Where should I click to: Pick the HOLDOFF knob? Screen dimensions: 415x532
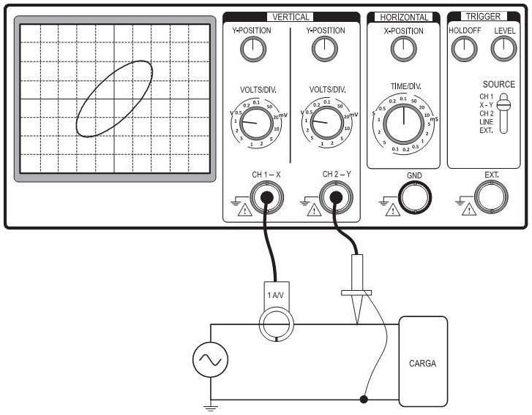click(x=462, y=48)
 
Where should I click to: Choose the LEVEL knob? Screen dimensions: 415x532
click(x=503, y=48)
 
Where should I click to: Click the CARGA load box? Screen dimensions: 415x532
click(x=423, y=362)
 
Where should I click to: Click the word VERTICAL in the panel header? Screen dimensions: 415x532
click(x=291, y=17)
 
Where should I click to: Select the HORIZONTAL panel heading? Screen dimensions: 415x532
click(x=403, y=17)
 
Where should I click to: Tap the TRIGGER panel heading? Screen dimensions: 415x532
click(x=483, y=17)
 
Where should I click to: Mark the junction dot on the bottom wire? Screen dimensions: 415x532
click(x=364, y=400)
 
